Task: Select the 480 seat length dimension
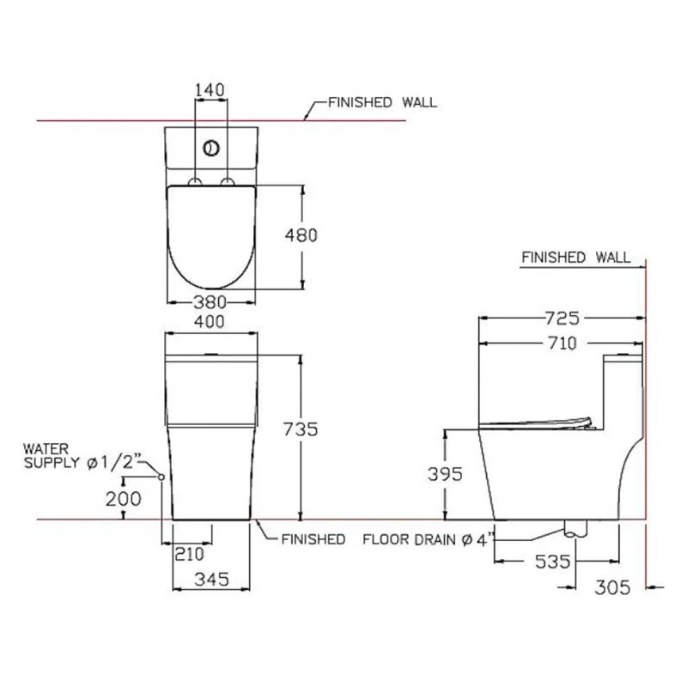[x=302, y=234]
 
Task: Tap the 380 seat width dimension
[x=210, y=301]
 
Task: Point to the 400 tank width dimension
[x=210, y=321]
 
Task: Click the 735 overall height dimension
[x=301, y=429]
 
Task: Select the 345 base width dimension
[x=211, y=580]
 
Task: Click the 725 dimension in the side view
[x=562, y=318]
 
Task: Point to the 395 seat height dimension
[x=446, y=473]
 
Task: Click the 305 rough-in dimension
[x=613, y=587]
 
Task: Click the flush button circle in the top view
[x=211, y=148]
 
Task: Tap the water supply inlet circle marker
[x=161, y=476]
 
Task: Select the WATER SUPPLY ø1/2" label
[x=82, y=456]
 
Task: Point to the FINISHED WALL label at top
[x=382, y=102]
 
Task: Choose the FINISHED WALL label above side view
[x=575, y=257]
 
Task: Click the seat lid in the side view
[x=537, y=421]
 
